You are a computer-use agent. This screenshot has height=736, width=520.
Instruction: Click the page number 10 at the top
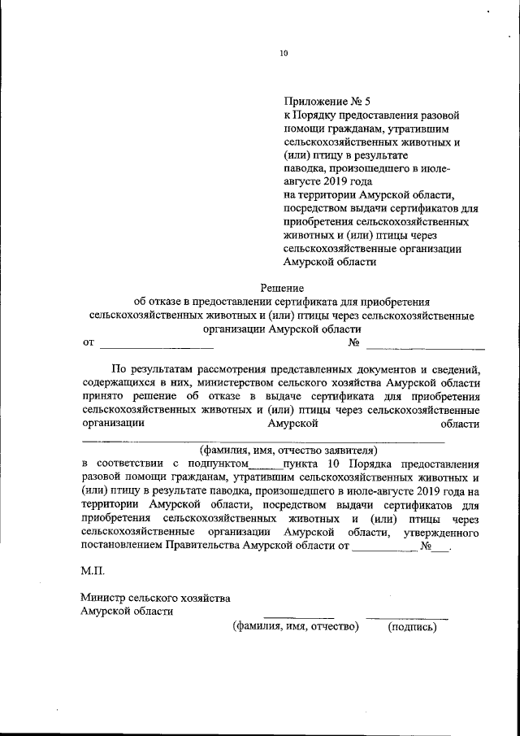point(284,54)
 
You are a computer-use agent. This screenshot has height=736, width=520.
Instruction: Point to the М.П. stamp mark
point(93,572)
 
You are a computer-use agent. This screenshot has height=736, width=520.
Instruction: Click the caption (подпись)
point(413,626)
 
